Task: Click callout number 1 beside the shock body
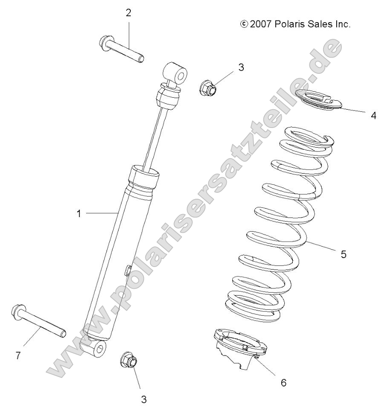(x=78, y=213)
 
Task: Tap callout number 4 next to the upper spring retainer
(x=373, y=115)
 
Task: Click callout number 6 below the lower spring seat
(x=283, y=383)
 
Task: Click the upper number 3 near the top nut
(x=241, y=67)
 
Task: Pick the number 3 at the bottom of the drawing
(x=144, y=399)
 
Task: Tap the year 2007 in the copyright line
(x=261, y=24)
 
